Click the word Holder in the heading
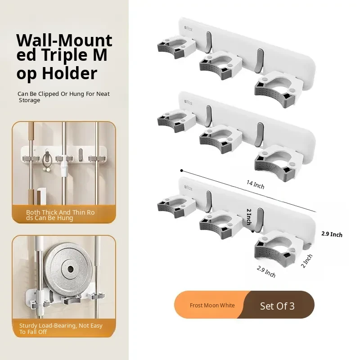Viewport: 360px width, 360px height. pos(70,73)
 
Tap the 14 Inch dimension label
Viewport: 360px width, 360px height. pos(255,184)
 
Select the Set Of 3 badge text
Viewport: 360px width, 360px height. pos(277,306)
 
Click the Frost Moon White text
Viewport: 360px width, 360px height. pos(212,306)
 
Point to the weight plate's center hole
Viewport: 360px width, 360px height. pos(70,269)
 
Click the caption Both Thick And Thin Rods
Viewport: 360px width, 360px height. pos(60,215)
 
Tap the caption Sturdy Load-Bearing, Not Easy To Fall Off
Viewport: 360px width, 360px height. pos(61,328)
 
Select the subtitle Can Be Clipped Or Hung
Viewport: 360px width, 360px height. pos(63,97)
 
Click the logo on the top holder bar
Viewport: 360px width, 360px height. pos(188,28)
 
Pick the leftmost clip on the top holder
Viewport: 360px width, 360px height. pos(176,48)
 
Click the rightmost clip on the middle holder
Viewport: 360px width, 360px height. pos(279,162)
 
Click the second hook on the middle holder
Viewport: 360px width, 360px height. pos(260,135)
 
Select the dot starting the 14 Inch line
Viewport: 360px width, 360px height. pos(182,171)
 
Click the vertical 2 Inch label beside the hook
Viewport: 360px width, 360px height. pos(249,216)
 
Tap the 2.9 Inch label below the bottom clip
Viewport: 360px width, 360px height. pos(266,272)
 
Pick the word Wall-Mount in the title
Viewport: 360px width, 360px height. pos(64,40)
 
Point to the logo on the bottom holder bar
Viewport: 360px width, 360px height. pos(188,188)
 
